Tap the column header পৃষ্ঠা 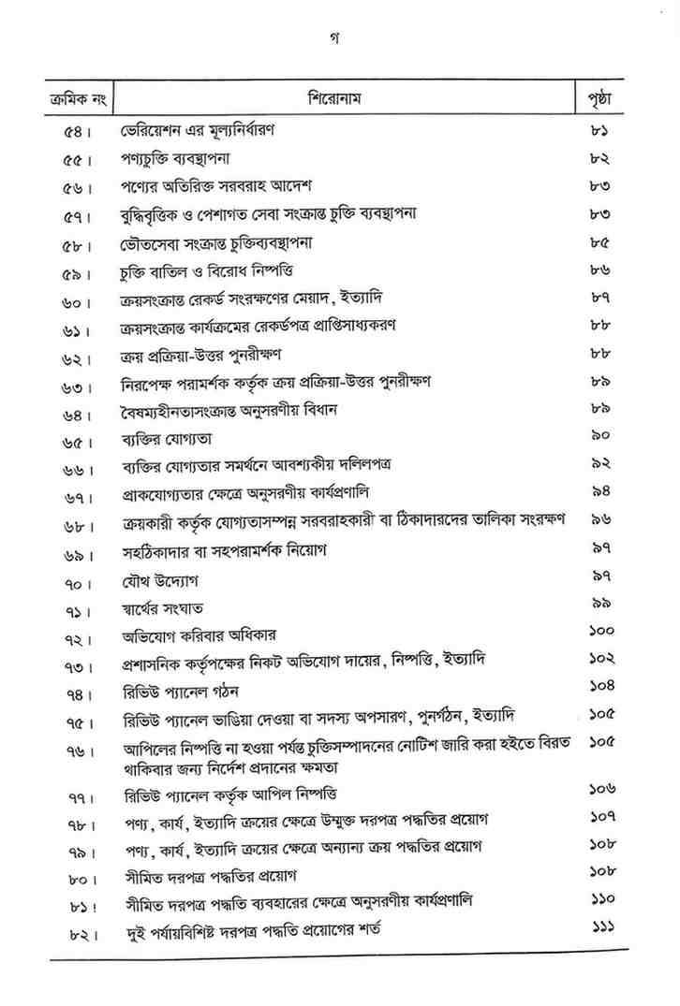click(x=599, y=98)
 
